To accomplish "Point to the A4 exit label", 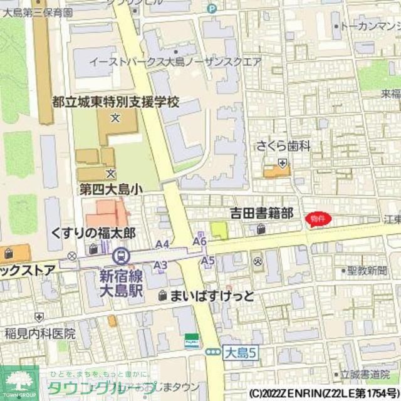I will (x=162, y=244).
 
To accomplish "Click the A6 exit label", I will (x=200, y=241).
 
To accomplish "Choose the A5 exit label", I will (x=208, y=260).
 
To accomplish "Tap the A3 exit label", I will (x=160, y=266).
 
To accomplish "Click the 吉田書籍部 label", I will (x=261, y=214).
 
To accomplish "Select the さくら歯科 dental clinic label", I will (x=283, y=147).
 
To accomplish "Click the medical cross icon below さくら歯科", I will (x=283, y=164).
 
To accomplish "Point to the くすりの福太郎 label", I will (x=93, y=232).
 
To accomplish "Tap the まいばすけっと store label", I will (x=212, y=296).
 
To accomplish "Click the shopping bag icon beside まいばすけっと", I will (x=163, y=296).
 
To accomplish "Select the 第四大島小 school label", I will (x=110, y=187).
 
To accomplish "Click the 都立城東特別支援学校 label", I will (x=116, y=101).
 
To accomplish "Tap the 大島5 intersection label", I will (x=241, y=353).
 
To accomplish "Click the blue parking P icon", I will (x=212, y=8).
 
